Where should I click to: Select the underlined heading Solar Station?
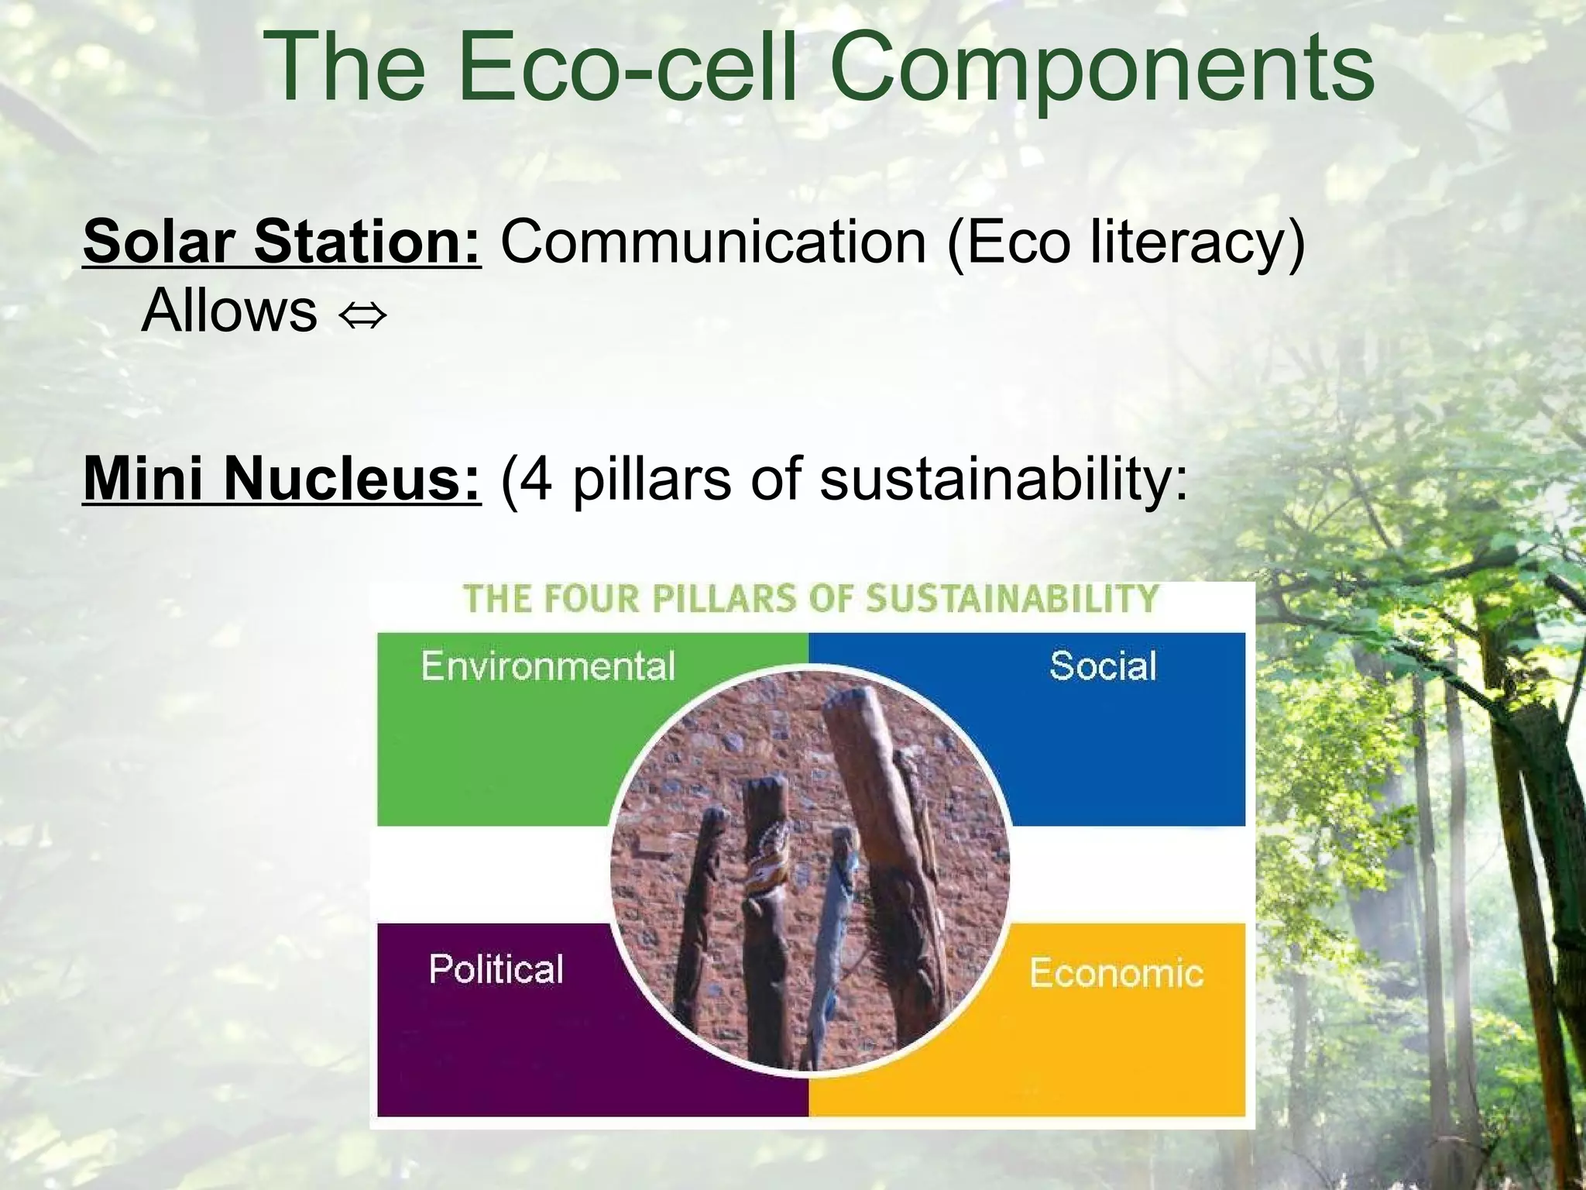coord(282,242)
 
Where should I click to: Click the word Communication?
coord(713,242)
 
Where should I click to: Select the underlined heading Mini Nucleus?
coord(282,479)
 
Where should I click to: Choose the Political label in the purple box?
coord(496,969)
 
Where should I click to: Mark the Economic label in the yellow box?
coord(1116,973)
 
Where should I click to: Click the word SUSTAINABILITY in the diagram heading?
coord(1011,600)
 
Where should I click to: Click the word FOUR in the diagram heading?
coord(592,600)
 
